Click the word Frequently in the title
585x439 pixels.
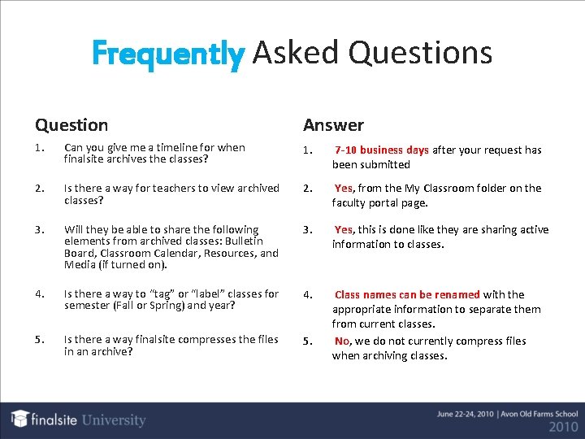coord(167,54)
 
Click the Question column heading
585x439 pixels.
coord(71,125)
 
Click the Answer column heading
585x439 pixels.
coord(333,125)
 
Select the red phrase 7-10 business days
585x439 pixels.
coord(382,150)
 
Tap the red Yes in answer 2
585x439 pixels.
coord(344,188)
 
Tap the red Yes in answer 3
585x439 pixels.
coord(344,229)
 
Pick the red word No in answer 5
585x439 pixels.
coord(342,341)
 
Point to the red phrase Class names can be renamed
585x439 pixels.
coord(407,294)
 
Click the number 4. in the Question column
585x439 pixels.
coord(40,294)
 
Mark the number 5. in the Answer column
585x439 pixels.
coord(308,341)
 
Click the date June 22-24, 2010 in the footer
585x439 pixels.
coord(467,414)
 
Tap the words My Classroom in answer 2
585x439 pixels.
coord(440,188)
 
